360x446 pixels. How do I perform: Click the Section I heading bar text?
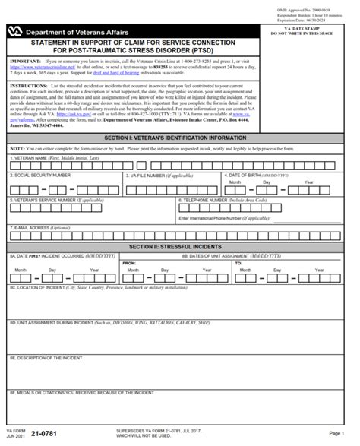pos(179,136)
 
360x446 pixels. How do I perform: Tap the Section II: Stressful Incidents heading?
pos(179,247)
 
